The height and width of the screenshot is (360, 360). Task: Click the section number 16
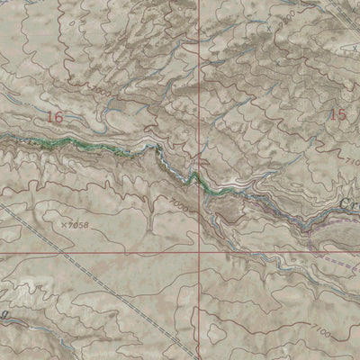(x=56, y=117)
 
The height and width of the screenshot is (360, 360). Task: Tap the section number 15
(x=337, y=114)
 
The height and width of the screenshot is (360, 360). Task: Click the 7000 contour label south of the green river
(x=179, y=207)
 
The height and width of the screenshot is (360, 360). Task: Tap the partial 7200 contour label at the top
(x=286, y=17)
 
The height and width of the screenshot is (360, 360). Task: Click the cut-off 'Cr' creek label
(x=350, y=205)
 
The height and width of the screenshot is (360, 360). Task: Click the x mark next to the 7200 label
(x=268, y=28)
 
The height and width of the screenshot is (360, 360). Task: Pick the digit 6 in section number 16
(x=61, y=117)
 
